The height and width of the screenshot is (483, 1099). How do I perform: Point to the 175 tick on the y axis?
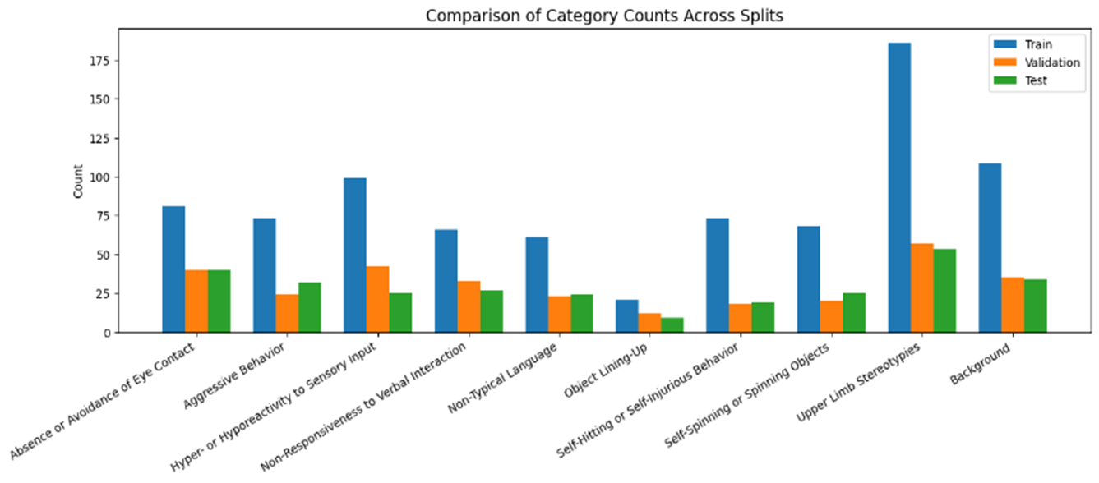click(107, 61)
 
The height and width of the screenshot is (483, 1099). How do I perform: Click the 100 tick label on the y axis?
click(107, 177)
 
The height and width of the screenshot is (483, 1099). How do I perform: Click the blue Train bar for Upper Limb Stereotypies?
click(899, 188)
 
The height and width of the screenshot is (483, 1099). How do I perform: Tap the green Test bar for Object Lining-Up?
click(672, 325)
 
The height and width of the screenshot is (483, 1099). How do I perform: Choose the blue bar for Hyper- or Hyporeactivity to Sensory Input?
click(355, 255)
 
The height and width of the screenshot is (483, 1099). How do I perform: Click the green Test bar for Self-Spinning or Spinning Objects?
click(854, 313)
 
